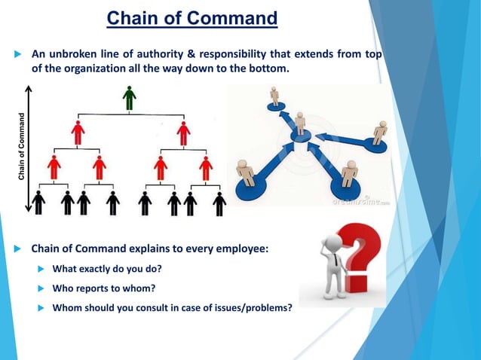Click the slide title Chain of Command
tap(191, 17)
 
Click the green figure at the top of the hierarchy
tap(130, 98)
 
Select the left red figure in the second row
tap(78, 133)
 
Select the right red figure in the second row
tap(183, 133)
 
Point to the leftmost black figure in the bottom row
tap(38, 203)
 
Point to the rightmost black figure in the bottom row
tap(219, 203)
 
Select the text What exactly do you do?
tap(107, 269)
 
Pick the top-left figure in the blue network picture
tap(274, 96)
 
